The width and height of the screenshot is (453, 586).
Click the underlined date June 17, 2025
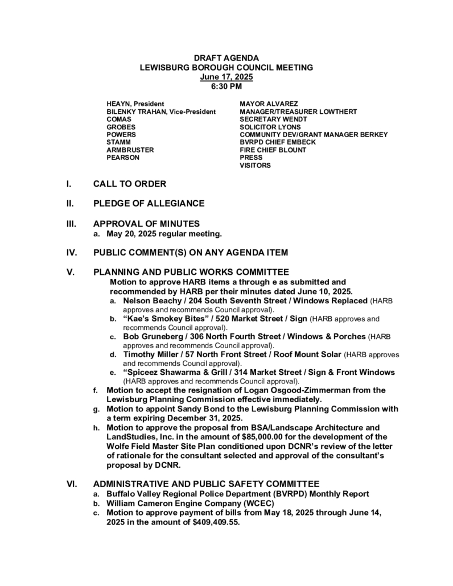(226, 77)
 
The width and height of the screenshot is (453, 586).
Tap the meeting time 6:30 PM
(226, 86)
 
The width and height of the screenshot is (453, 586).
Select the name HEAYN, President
(135, 104)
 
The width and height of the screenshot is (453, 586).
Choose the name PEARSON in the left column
(123, 158)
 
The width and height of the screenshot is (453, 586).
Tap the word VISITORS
(255, 166)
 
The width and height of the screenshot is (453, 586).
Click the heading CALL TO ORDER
(130, 184)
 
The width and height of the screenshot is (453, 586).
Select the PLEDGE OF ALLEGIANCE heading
(149, 204)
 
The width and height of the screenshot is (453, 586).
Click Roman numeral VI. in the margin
(72, 484)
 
